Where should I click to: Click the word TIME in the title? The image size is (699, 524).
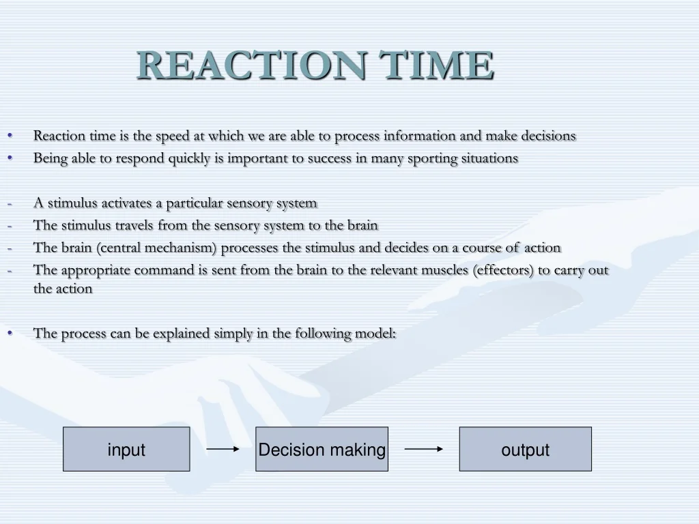pos(437,65)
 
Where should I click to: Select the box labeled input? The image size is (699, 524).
pos(126,450)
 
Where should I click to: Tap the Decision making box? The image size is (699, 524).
pos(322,450)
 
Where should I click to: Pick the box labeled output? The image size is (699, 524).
pos(525,450)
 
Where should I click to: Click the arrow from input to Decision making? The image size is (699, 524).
pos(223,449)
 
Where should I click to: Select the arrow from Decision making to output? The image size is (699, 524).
pos(423,449)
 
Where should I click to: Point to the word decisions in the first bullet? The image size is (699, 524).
pos(548,136)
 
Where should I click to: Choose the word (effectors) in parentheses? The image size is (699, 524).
pos(503,270)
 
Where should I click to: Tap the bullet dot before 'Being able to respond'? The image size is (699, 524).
pos(10,158)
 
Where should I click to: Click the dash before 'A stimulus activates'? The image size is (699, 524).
pos(10,203)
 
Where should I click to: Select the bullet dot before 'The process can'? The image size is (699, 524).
pos(10,333)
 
